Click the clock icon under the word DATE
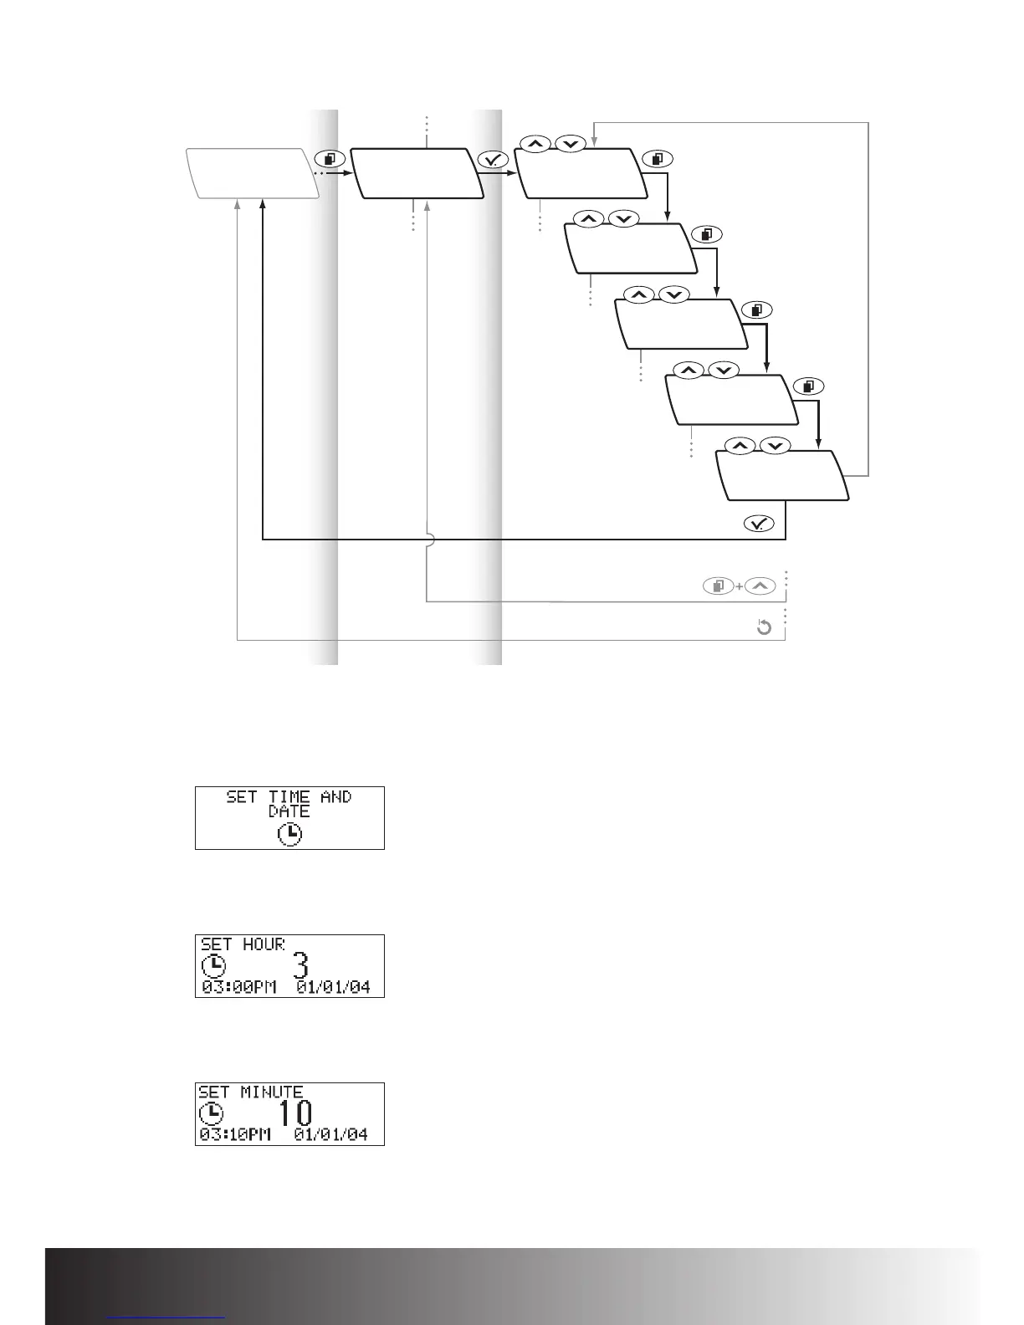click(289, 834)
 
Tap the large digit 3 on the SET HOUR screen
click(300, 965)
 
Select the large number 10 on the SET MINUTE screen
click(296, 1113)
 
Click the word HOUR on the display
click(264, 944)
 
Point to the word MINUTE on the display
click(272, 1092)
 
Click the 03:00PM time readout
click(238, 987)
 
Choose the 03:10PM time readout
click(236, 1135)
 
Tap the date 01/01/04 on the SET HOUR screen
click(334, 987)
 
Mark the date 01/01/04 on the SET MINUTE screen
click(331, 1135)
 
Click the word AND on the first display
click(336, 797)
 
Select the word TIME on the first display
click(289, 797)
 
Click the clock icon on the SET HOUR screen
click(213, 966)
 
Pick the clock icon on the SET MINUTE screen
click(211, 1113)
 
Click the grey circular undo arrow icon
click(764, 627)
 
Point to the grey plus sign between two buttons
click(740, 586)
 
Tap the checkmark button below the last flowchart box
click(760, 523)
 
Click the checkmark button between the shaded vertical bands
click(494, 160)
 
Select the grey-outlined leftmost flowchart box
click(253, 173)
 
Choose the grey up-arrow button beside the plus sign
click(760, 586)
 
